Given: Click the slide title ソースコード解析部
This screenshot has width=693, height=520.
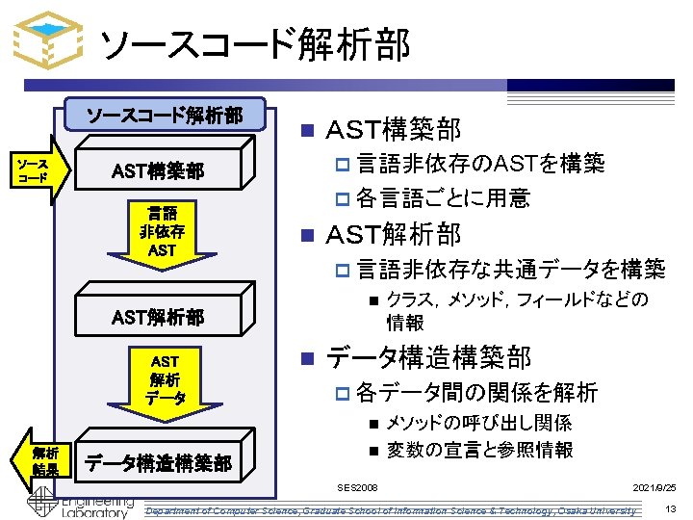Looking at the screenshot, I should click(x=255, y=43).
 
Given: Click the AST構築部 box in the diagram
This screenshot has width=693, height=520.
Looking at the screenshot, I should click(x=159, y=171).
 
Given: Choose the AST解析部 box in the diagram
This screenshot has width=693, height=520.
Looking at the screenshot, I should click(x=159, y=317).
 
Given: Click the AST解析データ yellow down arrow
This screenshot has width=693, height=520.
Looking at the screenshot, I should click(x=164, y=379).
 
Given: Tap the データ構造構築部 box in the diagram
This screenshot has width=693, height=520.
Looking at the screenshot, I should click(x=159, y=463).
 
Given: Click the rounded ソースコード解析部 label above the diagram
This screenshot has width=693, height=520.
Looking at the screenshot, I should click(x=165, y=117).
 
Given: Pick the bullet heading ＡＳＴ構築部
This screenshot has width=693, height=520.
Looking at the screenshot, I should click(x=394, y=128).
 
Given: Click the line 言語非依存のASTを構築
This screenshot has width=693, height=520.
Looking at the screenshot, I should click(x=480, y=163).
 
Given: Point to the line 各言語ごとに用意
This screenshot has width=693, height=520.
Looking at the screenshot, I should click(x=443, y=198).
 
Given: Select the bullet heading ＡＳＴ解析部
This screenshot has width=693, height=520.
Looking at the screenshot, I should click(x=394, y=234).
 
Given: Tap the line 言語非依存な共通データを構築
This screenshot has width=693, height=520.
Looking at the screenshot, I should click(x=510, y=269).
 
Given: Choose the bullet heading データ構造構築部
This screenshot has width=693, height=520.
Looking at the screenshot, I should click(x=428, y=357).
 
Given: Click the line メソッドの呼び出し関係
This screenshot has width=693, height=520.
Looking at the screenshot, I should click(x=479, y=423).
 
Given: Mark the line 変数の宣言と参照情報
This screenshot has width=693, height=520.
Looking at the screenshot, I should click(x=479, y=449).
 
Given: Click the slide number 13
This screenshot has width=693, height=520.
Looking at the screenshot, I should click(x=672, y=508).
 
